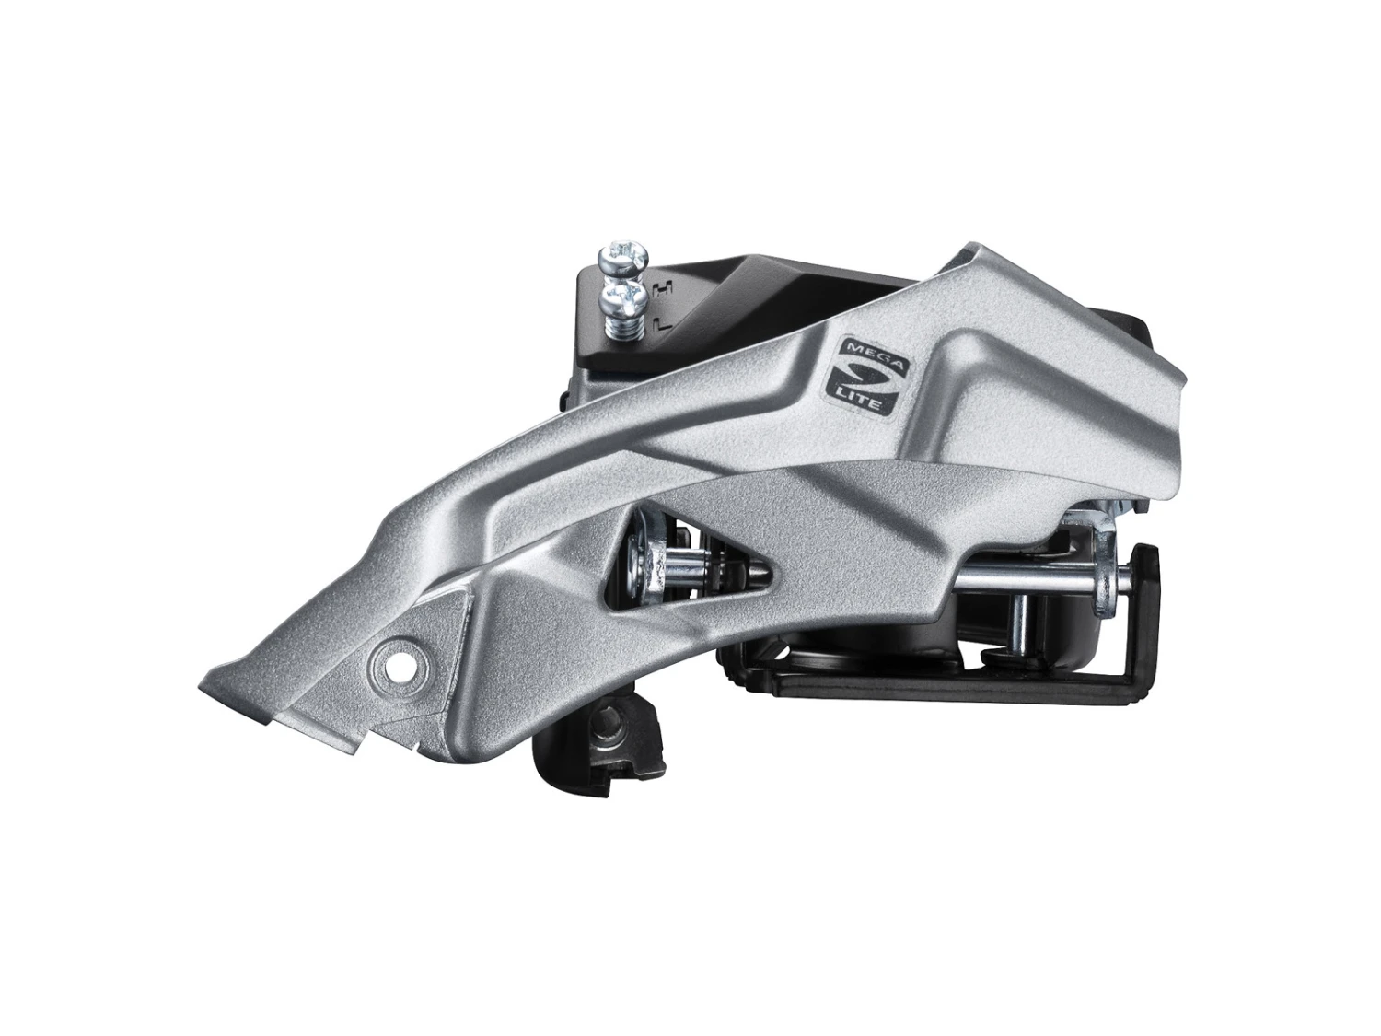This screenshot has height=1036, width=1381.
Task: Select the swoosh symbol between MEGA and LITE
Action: click(862, 378)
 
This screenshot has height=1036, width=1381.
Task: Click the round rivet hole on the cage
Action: click(400, 659)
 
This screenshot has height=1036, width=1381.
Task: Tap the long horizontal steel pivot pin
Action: click(1031, 578)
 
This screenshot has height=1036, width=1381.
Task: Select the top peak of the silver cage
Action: click(967, 252)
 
